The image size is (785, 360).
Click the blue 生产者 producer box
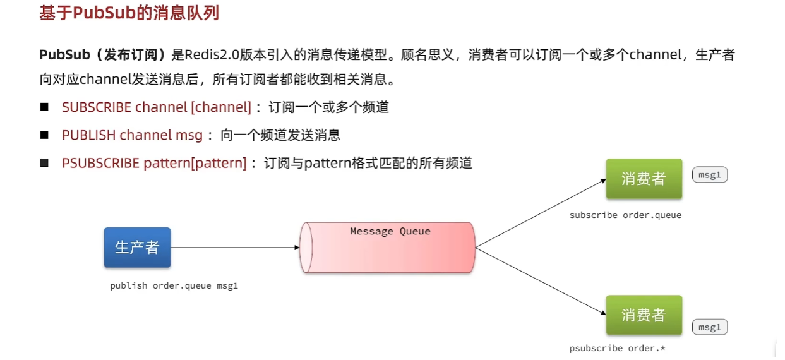[138, 248]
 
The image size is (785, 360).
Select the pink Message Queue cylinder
[387, 248]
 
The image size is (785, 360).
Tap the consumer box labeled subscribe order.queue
[644, 179]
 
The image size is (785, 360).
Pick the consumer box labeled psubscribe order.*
[644, 315]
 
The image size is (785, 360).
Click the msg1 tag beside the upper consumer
[710, 174]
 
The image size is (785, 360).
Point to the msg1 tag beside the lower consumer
[710, 327]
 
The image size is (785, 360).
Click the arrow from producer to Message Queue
[235, 248]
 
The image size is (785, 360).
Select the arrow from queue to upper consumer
[541, 213]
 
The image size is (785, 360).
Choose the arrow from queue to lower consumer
[541, 281]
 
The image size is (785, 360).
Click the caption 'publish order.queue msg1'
[174, 286]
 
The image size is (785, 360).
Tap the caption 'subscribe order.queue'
[626, 215]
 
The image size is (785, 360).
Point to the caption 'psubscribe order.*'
[617, 349]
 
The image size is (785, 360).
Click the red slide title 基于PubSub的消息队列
[129, 13]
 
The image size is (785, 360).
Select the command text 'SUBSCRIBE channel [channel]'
[157, 107]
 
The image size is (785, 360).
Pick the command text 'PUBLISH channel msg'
[133, 135]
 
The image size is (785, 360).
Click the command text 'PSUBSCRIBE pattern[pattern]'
[155, 164]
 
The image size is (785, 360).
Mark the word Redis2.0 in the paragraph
[212, 55]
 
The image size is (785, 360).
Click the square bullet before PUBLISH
[44, 135]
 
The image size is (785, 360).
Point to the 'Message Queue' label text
[390, 231]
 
